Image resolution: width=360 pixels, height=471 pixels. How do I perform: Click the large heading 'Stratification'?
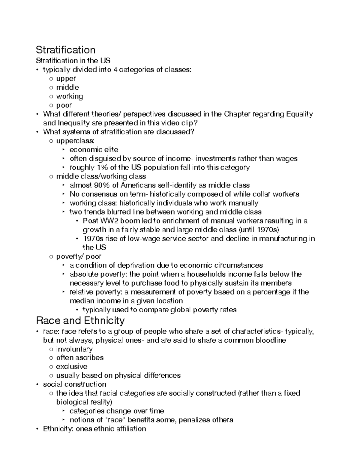[65, 50]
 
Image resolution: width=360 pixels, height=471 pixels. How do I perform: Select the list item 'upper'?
[66, 79]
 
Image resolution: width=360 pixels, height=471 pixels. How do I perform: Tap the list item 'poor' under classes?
[64, 106]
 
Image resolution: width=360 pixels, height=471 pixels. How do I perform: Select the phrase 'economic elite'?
[94, 150]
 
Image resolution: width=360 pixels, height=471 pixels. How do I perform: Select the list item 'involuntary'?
[74, 349]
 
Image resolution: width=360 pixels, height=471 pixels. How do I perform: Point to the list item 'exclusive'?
[72, 367]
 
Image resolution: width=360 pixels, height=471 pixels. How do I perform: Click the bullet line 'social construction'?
[74, 385]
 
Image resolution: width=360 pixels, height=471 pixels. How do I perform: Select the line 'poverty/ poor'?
[79, 256]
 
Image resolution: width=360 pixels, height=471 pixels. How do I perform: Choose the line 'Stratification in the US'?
[73, 61]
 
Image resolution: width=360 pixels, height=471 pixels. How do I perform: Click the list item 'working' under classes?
[70, 97]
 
